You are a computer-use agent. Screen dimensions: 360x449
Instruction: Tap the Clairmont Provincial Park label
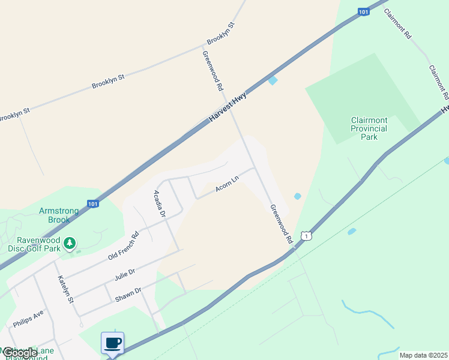coord(369,128)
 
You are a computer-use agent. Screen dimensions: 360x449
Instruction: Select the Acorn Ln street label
coord(228,184)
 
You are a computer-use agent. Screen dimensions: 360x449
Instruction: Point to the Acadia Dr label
coord(159,203)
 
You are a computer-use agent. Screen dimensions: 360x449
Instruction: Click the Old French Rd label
coord(123,246)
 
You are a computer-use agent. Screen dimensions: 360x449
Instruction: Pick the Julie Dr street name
coord(124,275)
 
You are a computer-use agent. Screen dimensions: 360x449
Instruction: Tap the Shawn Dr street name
coord(129,294)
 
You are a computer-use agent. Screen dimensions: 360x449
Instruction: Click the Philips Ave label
coord(28,319)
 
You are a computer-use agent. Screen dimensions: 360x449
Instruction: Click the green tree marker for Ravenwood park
coord(71,243)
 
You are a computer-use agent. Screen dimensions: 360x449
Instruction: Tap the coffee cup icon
coord(113,343)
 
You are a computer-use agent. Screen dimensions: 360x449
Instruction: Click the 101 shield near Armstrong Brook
coord(92,204)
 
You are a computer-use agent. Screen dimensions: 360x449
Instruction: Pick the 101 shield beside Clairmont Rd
coord(363,11)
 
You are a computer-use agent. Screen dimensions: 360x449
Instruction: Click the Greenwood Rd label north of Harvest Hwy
coord(212,70)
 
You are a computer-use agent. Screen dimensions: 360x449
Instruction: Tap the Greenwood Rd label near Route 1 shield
coord(280,224)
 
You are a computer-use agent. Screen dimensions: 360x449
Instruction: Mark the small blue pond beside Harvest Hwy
coord(273,80)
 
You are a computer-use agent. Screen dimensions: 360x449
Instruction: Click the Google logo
coord(19,353)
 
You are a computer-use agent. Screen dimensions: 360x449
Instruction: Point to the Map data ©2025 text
coord(423,355)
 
